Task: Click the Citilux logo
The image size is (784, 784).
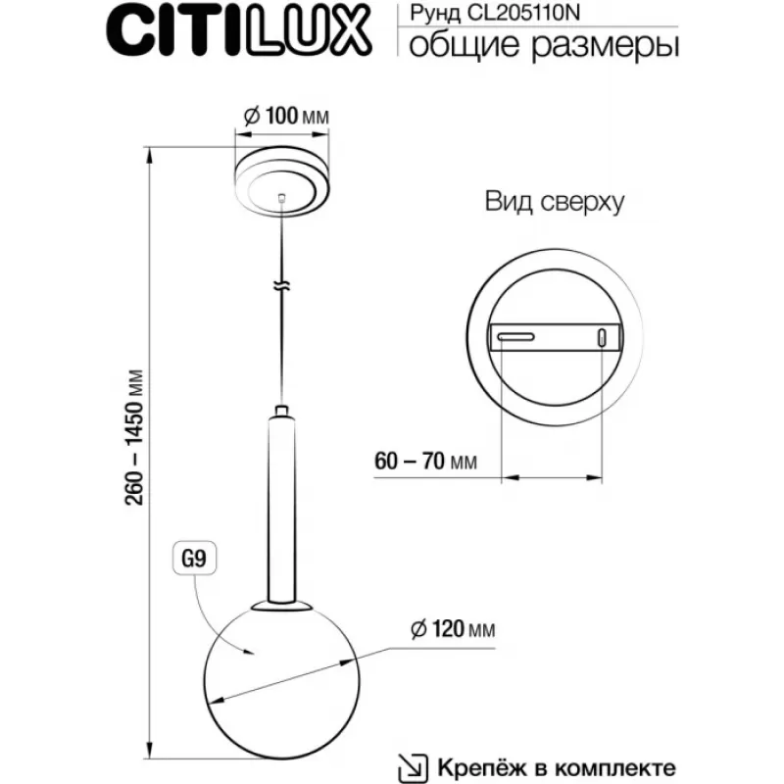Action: [x=239, y=30]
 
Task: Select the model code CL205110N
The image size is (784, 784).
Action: [x=523, y=13]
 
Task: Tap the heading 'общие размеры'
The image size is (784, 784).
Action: [x=544, y=46]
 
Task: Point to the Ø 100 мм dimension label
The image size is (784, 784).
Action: [x=286, y=116]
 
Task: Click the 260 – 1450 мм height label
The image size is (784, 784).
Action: [x=134, y=437]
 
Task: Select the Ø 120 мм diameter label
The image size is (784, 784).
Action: [x=453, y=629]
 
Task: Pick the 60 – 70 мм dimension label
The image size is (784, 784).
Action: [x=425, y=461]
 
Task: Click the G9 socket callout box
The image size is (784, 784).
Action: [x=194, y=558]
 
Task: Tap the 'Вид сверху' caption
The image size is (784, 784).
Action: [x=555, y=203]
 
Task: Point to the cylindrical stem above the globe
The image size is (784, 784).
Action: [x=281, y=509]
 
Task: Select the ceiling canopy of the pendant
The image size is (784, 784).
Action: [x=282, y=182]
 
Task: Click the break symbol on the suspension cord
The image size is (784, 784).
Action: [x=282, y=286]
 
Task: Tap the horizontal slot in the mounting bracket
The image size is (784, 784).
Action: [x=516, y=337]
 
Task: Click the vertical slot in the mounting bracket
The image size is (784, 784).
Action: [x=603, y=337]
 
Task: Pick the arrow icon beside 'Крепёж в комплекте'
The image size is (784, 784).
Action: [x=413, y=767]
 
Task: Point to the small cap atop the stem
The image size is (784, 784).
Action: [x=281, y=411]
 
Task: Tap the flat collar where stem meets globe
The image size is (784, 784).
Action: [x=282, y=607]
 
